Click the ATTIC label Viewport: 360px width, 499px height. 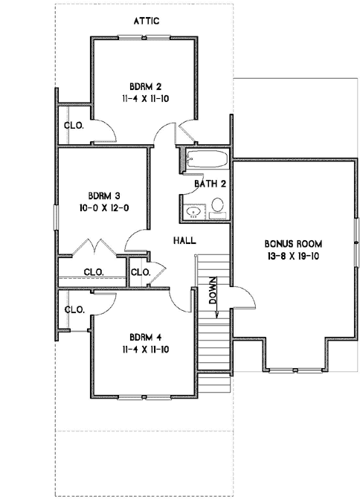click(146, 22)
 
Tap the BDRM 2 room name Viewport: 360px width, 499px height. click(144, 85)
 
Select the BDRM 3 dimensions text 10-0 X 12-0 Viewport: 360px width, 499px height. click(103, 208)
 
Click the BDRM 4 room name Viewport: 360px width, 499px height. click(144, 334)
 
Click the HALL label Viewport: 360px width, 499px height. click(184, 241)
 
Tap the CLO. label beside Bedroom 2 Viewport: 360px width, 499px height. click(74, 126)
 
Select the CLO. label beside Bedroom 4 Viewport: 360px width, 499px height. click(74, 309)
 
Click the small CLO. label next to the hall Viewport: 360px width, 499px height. click(140, 272)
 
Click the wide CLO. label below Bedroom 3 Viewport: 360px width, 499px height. click(93, 271)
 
